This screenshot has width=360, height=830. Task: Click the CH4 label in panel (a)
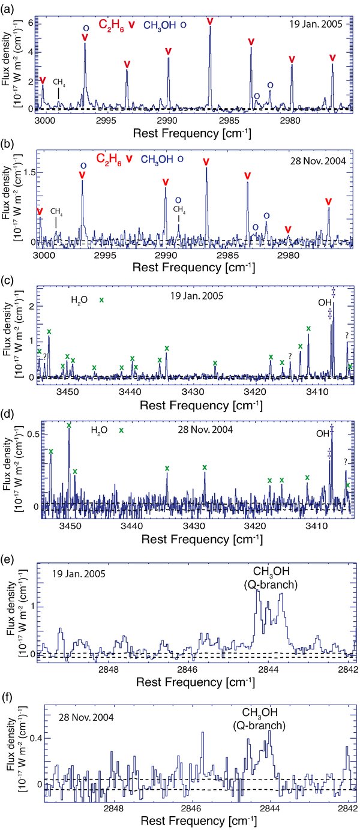click(x=59, y=82)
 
